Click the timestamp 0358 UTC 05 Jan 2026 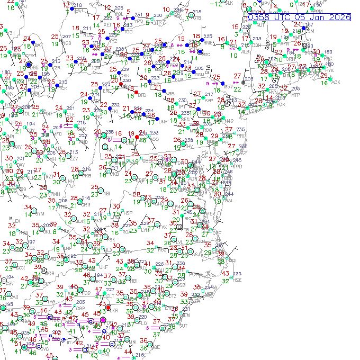pyautogui.click(x=299, y=17)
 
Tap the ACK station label pyautogui.click(x=336, y=82)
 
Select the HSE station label pyautogui.click(x=237, y=280)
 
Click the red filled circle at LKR pyautogui.click(x=108, y=308)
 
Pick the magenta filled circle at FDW pyautogui.click(x=103, y=319)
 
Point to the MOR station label pyautogui.click(x=51, y=273)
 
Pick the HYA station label pyautogui.click(x=329, y=70)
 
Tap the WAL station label pyautogui.click(x=229, y=200)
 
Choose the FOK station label pyautogui.click(x=281, y=105)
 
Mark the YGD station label pyautogui.click(x=66, y=44)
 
